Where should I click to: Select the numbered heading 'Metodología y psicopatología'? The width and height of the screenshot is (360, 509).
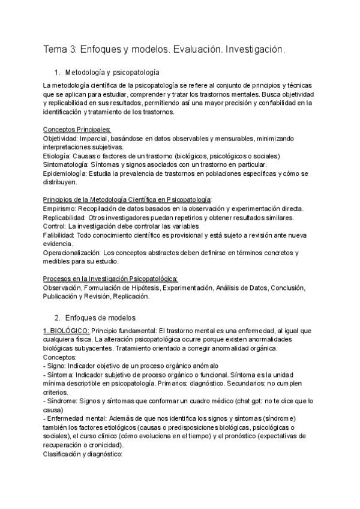tap(112, 71)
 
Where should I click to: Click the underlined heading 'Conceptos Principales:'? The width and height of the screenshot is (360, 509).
tap(77, 129)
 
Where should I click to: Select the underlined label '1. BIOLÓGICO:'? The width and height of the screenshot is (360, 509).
tap(67, 331)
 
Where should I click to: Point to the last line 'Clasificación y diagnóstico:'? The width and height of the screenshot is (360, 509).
tap(83, 454)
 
